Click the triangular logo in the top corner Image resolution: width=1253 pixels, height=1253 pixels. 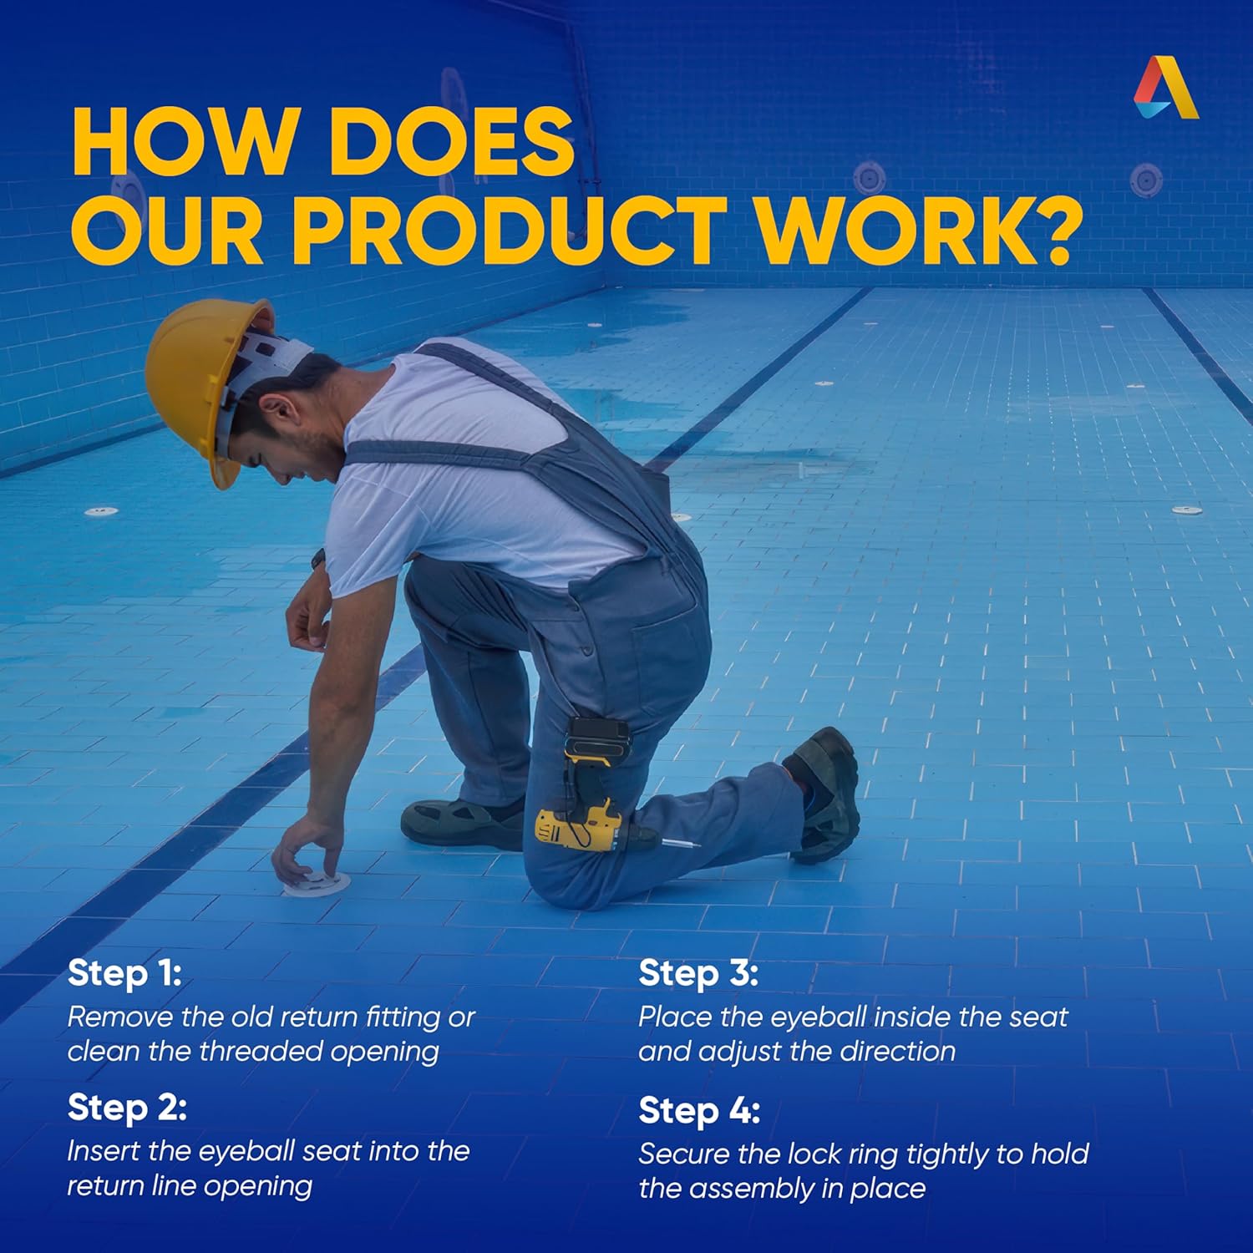pyautogui.click(x=1166, y=88)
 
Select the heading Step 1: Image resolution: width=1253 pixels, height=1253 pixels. pyautogui.click(x=124, y=973)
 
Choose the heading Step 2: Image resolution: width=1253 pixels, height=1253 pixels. pyautogui.click(x=127, y=1108)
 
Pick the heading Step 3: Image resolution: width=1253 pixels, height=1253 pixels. pyautogui.click(x=698, y=973)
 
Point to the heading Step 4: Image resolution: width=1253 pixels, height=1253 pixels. pyautogui.click(x=699, y=1111)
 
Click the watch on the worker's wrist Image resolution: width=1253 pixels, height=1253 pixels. pyautogui.click(x=317, y=560)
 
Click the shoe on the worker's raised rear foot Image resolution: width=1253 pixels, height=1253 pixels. pyautogui.click(x=824, y=794)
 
